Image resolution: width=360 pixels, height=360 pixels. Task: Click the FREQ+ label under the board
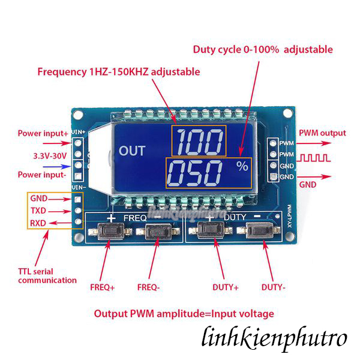coord(104,287)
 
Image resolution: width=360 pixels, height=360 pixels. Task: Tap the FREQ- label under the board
coord(149,287)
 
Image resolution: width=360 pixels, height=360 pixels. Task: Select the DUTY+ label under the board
coord(226,287)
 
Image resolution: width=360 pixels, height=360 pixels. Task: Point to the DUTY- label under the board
coord(273,287)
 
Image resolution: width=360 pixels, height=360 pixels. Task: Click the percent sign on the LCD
coord(242,167)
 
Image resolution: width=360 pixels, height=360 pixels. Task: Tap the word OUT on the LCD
coord(132,151)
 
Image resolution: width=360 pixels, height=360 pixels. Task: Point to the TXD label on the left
coord(38,211)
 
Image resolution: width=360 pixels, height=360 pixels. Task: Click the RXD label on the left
coord(38,224)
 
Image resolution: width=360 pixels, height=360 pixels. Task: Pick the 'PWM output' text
coord(322,133)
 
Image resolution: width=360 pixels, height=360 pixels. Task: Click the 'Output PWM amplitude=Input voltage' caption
coord(184,313)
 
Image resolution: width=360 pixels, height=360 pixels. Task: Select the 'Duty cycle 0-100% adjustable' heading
coord(262,49)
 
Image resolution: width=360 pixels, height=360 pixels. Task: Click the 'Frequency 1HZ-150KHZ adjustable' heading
coord(118,71)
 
